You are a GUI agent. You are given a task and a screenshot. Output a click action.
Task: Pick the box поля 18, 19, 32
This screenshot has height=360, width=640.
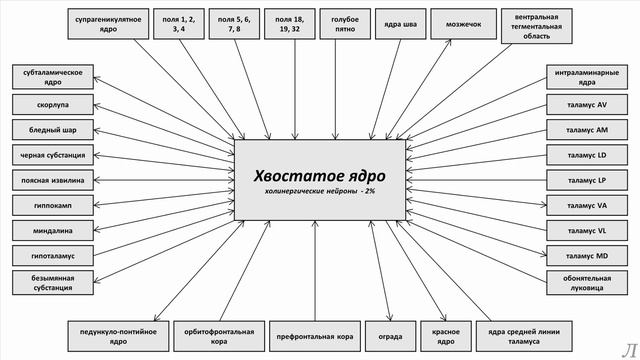pyautogui.click(x=291, y=25)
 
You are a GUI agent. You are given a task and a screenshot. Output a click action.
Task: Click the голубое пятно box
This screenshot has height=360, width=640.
pyautogui.click(x=344, y=25)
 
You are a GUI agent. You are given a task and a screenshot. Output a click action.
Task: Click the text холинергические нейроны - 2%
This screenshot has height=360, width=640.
pyautogui.click(x=319, y=189)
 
